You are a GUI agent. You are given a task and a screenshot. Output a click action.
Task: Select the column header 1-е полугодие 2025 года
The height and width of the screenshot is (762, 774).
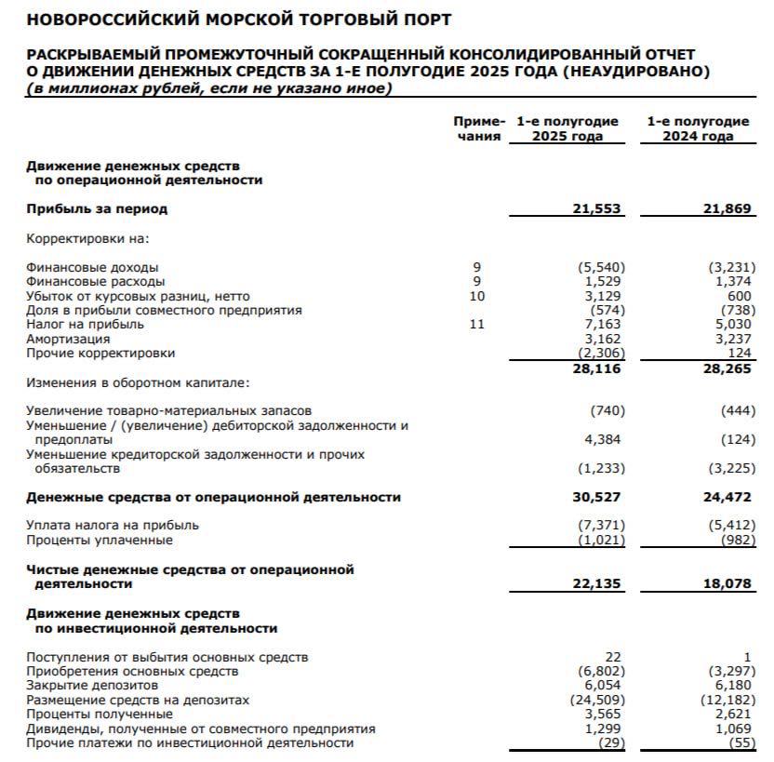[x=567, y=128]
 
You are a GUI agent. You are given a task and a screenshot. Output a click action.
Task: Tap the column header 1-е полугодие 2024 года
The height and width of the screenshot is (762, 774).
[x=698, y=128]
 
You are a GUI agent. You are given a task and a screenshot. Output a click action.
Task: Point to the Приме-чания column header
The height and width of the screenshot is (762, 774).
[x=478, y=128]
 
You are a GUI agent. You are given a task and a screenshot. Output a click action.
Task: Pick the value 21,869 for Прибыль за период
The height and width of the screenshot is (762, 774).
[x=727, y=209]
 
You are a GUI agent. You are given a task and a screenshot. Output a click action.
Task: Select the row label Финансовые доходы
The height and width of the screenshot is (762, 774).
[x=92, y=268]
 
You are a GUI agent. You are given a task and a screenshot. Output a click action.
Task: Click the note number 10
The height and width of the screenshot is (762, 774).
[x=477, y=296]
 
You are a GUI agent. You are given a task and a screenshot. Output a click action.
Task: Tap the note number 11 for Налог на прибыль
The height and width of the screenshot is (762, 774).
[x=477, y=325]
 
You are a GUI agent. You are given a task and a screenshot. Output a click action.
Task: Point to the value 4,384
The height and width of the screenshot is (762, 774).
[x=605, y=439]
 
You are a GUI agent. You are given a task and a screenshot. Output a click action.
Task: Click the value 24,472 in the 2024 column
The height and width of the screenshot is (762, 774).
[x=727, y=497]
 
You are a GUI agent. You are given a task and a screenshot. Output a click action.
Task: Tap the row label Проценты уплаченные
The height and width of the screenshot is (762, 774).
[x=100, y=540]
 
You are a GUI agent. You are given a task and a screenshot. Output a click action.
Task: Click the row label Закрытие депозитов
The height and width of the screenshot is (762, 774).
[x=93, y=684]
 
